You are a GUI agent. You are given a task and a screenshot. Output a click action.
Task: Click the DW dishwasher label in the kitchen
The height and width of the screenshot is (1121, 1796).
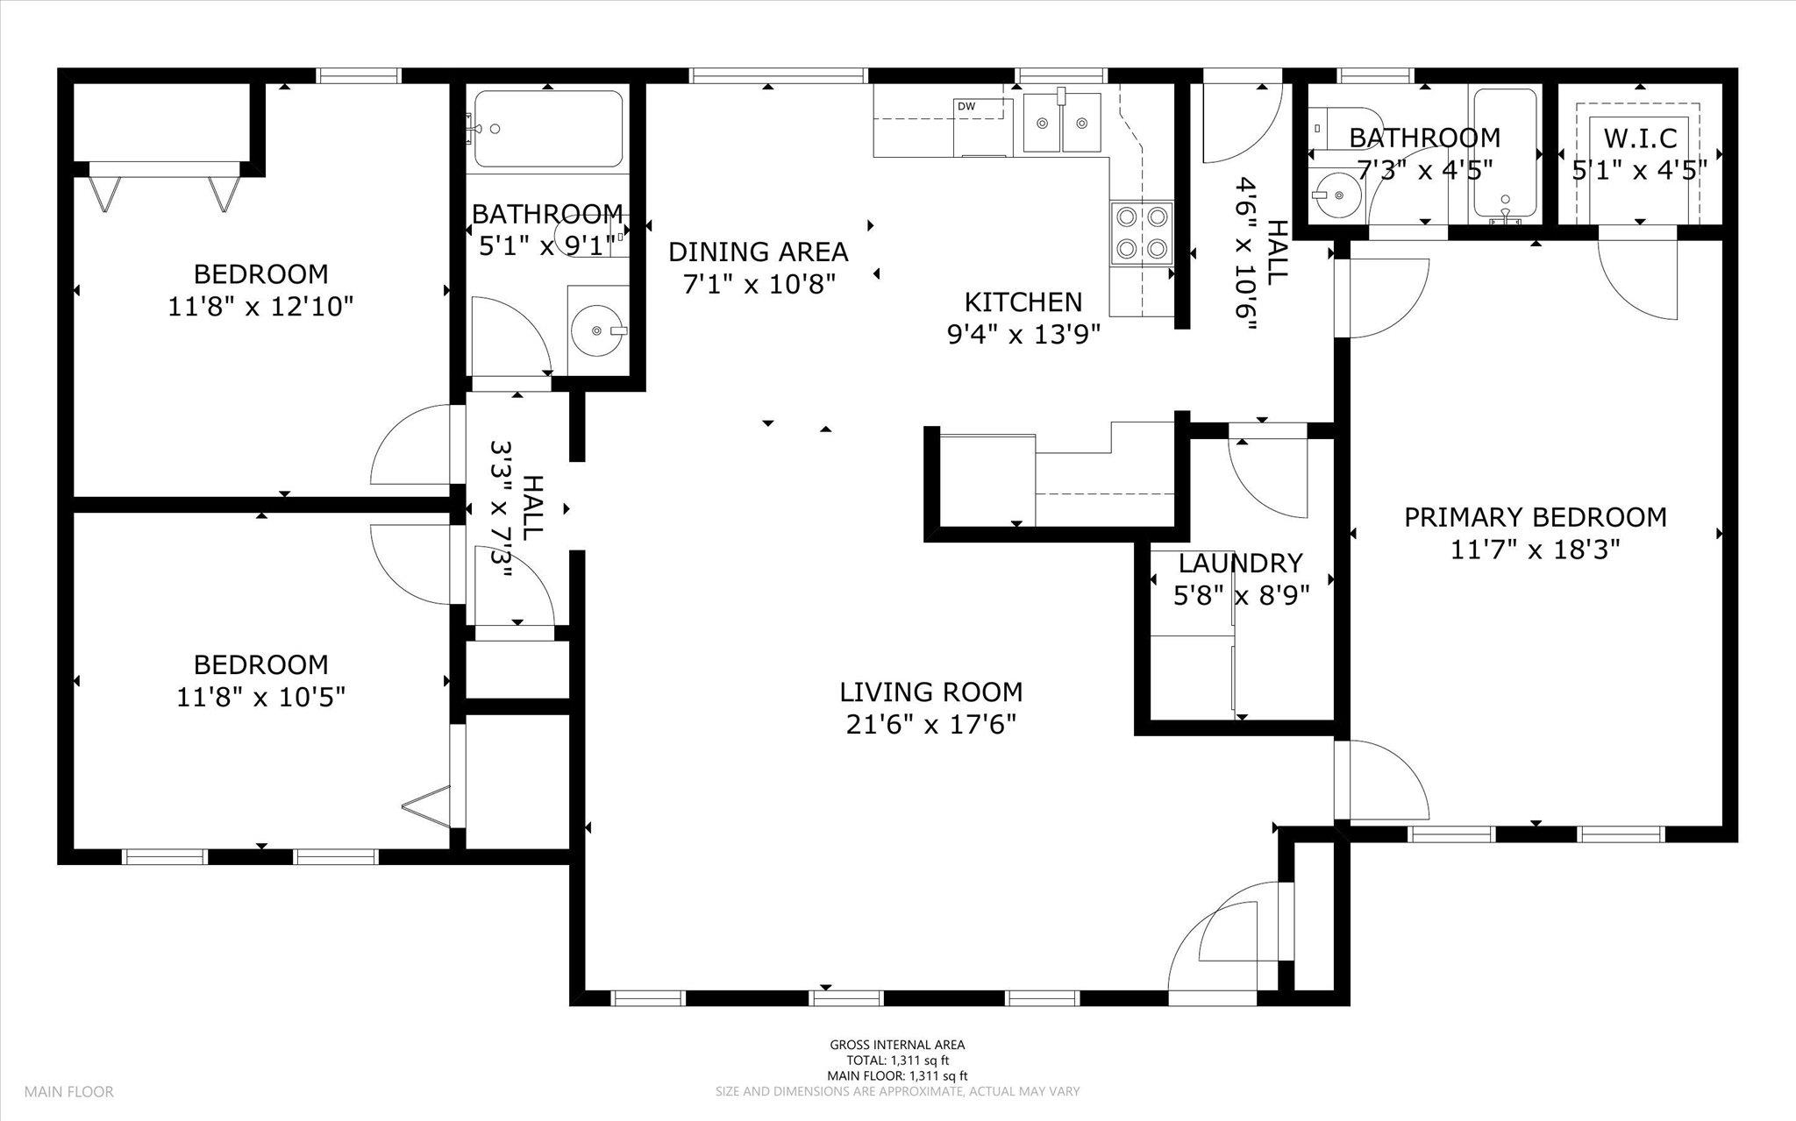click(x=966, y=107)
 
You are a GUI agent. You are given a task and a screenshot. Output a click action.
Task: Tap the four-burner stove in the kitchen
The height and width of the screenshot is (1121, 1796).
click(x=1141, y=233)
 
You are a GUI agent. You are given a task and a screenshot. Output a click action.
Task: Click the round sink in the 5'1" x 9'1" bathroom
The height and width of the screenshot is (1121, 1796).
click(x=597, y=330)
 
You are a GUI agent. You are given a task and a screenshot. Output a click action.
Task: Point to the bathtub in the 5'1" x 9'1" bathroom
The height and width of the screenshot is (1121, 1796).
click(x=548, y=129)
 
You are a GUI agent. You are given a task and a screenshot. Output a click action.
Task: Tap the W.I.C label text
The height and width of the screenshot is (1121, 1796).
click(x=1640, y=138)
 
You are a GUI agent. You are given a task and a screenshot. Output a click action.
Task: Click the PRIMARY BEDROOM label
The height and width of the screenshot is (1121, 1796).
click(x=1535, y=517)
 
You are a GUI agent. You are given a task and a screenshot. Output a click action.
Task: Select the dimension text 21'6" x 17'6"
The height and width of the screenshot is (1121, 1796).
click(x=931, y=725)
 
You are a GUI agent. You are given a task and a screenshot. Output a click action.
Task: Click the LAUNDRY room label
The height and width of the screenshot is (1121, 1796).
click(x=1240, y=563)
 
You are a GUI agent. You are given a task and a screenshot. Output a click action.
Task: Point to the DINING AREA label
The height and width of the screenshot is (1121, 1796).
click(x=758, y=252)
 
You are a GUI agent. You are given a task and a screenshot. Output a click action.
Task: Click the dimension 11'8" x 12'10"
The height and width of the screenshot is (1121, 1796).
click(x=260, y=307)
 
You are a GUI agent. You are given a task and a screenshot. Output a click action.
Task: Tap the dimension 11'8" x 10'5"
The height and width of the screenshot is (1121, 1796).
click(x=260, y=698)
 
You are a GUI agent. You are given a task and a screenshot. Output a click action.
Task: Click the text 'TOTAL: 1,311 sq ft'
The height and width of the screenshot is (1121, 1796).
click(x=897, y=1060)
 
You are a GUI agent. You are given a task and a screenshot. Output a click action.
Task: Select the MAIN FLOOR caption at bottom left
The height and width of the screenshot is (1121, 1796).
click(x=68, y=1092)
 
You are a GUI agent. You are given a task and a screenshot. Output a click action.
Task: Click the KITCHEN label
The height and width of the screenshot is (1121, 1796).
click(x=1023, y=302)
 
